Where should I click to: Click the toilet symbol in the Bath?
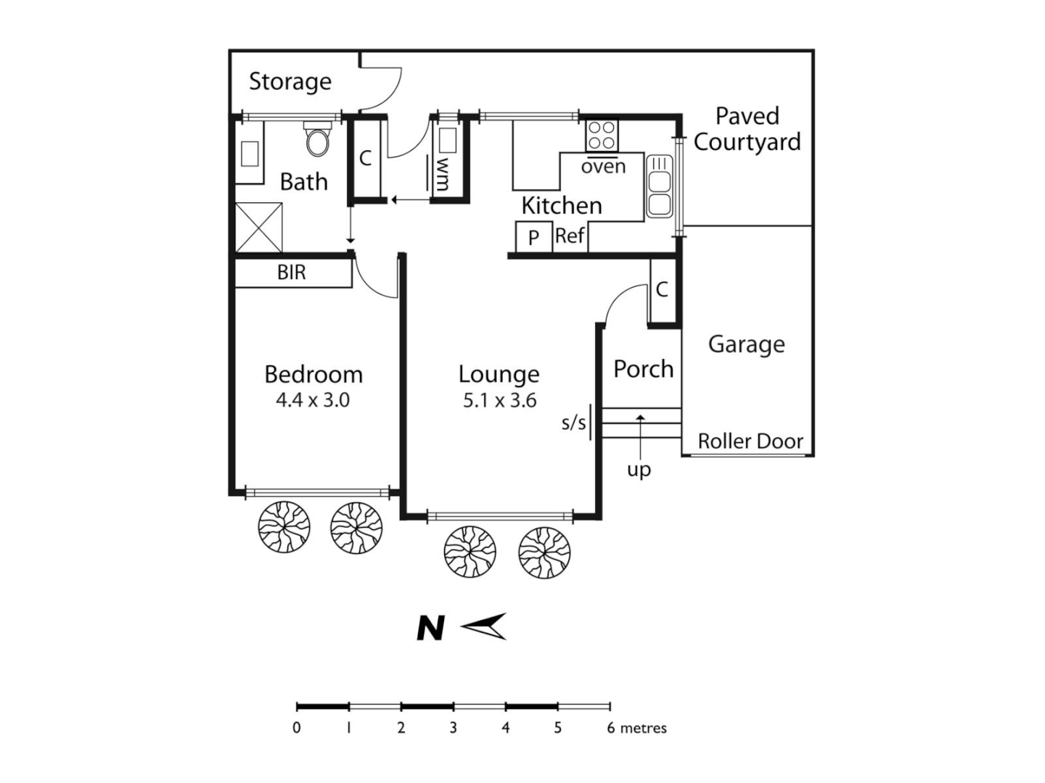318,139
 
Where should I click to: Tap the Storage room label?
290,82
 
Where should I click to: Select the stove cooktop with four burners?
602,135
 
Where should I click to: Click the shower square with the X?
258,227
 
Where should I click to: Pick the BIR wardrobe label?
292,273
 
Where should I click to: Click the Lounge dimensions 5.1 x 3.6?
499,400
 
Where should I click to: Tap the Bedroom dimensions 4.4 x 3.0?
313,400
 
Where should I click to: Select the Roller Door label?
750,441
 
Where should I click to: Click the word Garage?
746,344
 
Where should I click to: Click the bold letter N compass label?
430,629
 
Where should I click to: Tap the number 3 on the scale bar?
453,728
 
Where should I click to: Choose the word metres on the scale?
643,728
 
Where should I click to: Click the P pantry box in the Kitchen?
533,237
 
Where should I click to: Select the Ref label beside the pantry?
570,236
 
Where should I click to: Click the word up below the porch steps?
639,471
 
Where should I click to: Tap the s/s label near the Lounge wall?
573,423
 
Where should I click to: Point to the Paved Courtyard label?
747,129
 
